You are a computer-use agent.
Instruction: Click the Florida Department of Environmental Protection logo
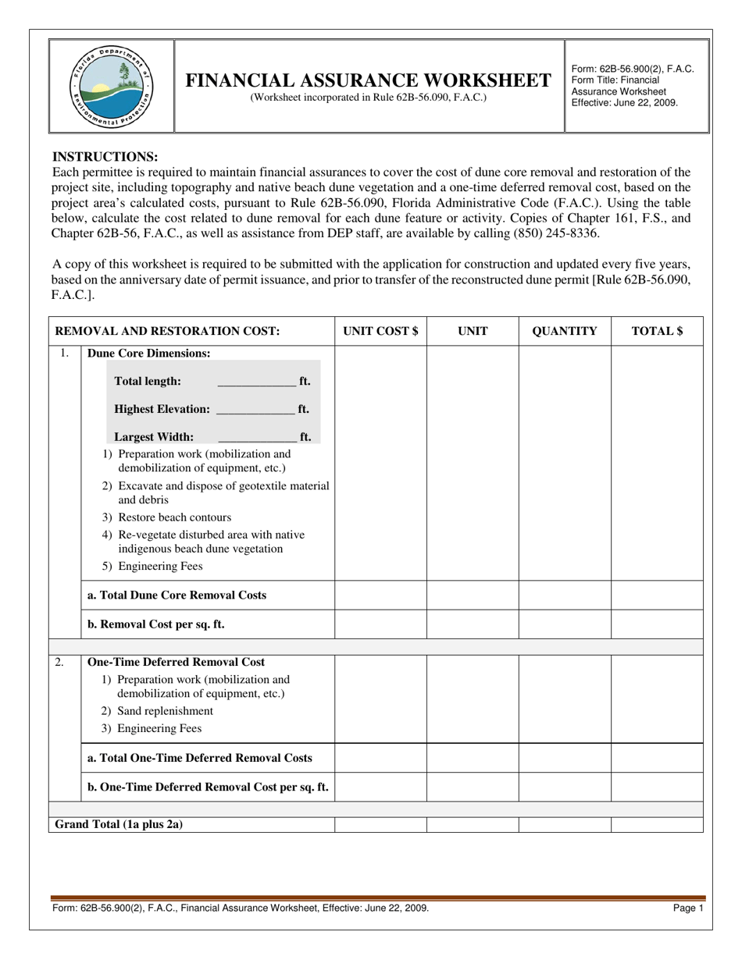click(x=112, y=86)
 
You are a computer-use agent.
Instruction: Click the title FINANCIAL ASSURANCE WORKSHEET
click(x=368, y=80)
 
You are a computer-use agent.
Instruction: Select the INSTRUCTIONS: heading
click(x=105, y=157)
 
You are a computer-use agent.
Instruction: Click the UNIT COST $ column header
click(x=380, y=331)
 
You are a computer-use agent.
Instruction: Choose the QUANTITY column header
click(x=565, y=331)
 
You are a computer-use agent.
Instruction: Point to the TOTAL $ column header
click(x=657, y=331)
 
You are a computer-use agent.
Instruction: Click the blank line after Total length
click(x=257, y=382)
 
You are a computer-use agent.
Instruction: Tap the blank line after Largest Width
click(x=257, y=438)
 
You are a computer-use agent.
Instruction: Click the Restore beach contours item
click(x=167, y=517)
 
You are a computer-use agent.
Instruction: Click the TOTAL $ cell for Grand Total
click(x=657, y=824)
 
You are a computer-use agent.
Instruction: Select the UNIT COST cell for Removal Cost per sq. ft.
click(x=380, y=624)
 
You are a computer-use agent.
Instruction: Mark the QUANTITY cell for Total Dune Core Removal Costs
click(x=565, y=596)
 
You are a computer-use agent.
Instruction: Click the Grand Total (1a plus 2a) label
click(x=119, y=824)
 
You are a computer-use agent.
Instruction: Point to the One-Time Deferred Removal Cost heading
click(x=177, y=662)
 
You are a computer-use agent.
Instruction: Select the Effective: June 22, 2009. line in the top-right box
click(x=625, y=102)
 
